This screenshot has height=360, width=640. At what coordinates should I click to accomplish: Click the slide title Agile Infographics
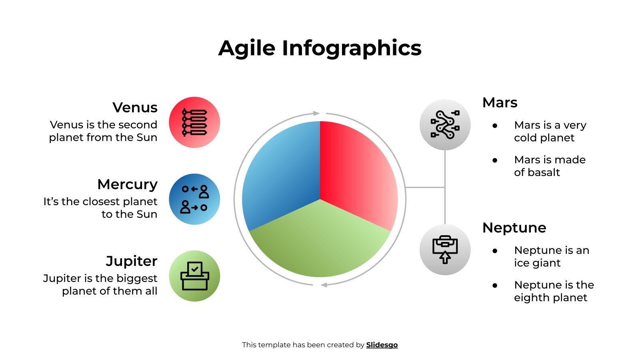pos(320,48)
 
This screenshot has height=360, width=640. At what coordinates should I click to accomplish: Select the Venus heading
pos(135,108)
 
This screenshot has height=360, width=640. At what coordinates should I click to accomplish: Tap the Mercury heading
pos(127,184)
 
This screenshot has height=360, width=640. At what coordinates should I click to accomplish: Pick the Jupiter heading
pos(132,261)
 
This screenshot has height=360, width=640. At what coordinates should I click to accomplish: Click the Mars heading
pos(500,102)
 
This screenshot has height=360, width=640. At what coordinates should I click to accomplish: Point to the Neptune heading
pos(514,228)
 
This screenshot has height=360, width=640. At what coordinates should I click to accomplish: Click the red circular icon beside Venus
pos(194,122)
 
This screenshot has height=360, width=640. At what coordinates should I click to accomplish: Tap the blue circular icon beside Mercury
pos(194,199)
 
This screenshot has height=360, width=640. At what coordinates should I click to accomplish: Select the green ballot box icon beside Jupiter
pos(194,276)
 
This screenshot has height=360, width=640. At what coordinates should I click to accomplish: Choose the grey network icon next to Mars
pos(445,124)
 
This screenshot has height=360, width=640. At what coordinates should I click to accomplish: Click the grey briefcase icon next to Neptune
pos(445,250)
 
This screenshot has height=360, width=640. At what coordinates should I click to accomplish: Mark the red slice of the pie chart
pos(356,172)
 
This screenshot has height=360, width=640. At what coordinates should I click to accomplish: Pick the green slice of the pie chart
pos(320,244)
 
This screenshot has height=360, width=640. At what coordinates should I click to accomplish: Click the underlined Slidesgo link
pos(382,345)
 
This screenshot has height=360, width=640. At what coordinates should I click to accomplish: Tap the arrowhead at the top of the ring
pos(316,113)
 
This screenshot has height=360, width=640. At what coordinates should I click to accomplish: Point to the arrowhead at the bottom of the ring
pos(324,285)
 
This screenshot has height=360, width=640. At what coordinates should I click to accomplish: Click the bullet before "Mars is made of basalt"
pos(495,160)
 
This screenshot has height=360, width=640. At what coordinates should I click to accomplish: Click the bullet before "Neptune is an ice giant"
pos(495,251)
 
